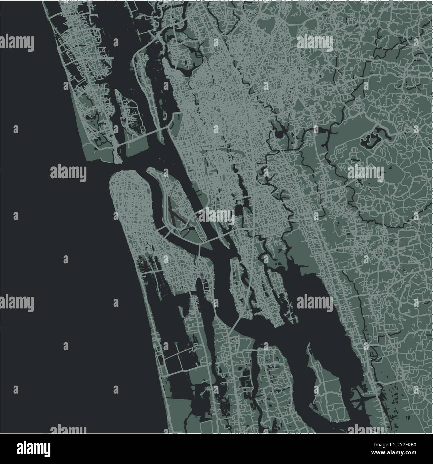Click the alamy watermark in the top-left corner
coord(17,43)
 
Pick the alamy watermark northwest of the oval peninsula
coord(68,173)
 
